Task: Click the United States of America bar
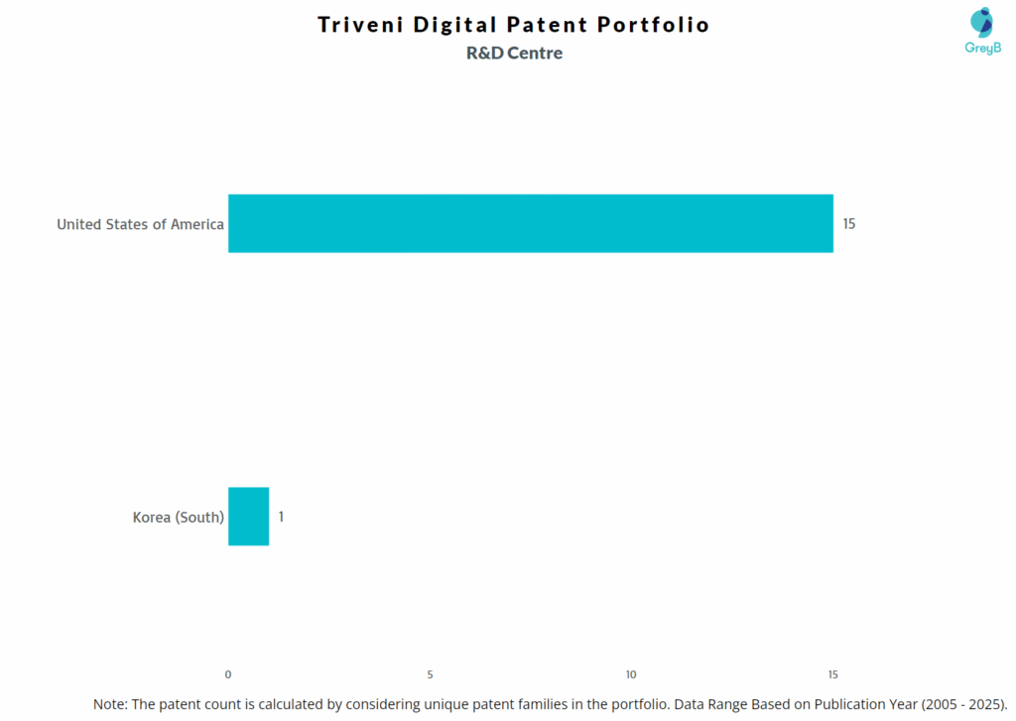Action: tap(530, 223)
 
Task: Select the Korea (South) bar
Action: tap(248, 516)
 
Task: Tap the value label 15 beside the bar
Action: tap(848, 224)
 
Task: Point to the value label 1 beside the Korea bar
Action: tap(281, 517)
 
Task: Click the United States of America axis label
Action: tap(140, 224)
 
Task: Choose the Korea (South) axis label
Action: tap(178, 517)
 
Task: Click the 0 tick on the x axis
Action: tap(228, 674)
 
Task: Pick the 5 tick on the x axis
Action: tap(430, 674)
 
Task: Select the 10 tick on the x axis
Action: tap(631, 674)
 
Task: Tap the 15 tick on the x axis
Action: tap(832, 674)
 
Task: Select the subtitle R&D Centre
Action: tap(514, 54)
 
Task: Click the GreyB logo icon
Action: tap(981, 22)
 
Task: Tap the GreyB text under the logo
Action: tap(982, 48)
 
